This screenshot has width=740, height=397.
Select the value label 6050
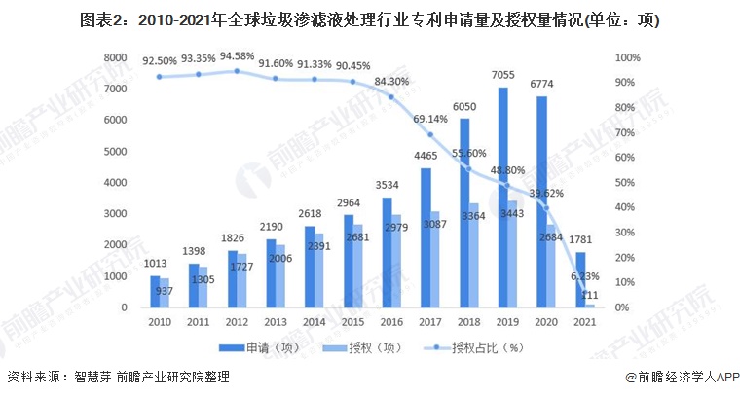click(465, 107)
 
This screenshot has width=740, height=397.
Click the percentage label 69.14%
click(430, 119)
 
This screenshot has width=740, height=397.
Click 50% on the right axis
click(627, 183)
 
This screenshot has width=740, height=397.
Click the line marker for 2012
click(236, 71)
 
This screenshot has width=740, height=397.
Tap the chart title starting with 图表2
click(369, 20)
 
